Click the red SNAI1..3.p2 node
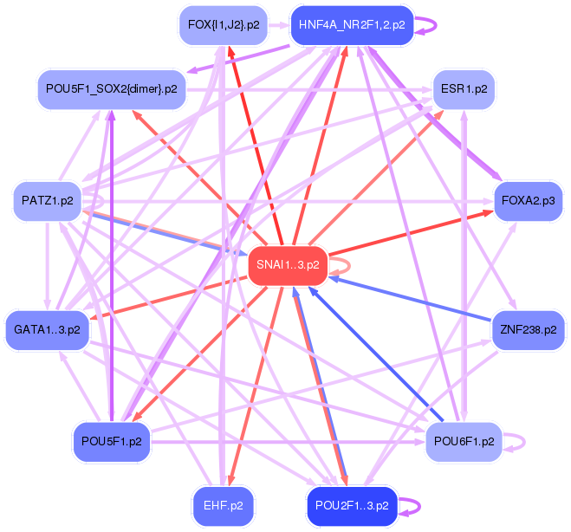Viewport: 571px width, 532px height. (288, 265)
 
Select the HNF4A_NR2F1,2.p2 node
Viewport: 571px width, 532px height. (352, 25)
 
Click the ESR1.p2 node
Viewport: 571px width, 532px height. (464, 88)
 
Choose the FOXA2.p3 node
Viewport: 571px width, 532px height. (528, 201)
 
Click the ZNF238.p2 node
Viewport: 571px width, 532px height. (528, 329)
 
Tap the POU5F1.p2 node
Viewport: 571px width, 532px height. (111, 441)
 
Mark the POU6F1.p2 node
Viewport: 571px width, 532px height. (464, 441)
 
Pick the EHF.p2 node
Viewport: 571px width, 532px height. (223, 505)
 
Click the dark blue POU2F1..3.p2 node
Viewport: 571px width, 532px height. (352, 505)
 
